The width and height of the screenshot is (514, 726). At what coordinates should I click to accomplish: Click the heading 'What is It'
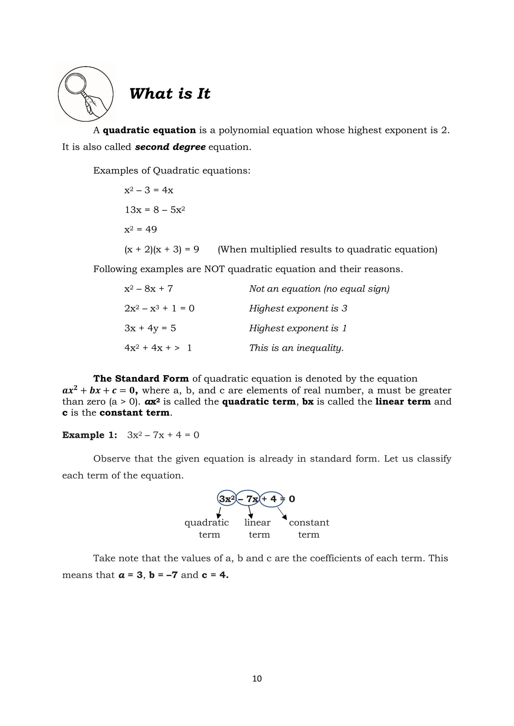tap(170, 94)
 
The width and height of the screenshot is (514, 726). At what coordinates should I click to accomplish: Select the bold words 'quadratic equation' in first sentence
tap(149, 130)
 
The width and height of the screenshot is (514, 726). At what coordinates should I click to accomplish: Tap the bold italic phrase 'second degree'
tap(170, 147)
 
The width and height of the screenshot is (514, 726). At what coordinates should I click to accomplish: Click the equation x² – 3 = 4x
tap(149, 190)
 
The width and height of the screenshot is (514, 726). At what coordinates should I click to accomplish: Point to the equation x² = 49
tap(141, 229)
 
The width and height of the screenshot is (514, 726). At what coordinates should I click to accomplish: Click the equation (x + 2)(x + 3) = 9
tap(162, 250)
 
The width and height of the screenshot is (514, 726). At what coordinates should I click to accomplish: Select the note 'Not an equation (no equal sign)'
tap(319, 289)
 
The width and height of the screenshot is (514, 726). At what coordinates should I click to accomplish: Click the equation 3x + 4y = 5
tap(150, 328)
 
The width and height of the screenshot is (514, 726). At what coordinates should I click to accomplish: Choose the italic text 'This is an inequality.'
tap(296, 348)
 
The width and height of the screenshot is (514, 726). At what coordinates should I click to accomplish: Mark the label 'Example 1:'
tap(90, 435)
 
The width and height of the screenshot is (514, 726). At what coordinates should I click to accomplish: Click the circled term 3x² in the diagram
tap(227, 499)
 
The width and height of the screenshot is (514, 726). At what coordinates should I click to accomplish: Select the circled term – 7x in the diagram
tap(248, 499)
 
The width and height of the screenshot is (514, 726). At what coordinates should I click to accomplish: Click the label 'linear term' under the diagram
tap(258, 528)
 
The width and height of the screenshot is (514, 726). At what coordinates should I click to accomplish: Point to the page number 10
tap(257, 679)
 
